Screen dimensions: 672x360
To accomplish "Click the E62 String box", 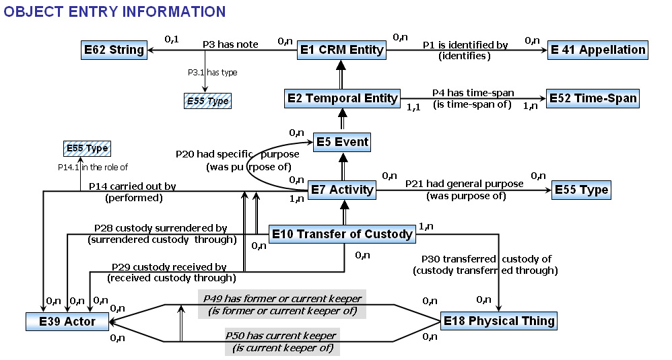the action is [114, 50].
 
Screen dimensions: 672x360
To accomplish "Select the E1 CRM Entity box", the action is [341, 50].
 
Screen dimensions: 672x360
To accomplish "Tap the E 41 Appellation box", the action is [598, 50].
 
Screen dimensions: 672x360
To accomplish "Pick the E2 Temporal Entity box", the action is [343, 98].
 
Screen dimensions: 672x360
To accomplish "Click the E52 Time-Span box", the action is [593, 98].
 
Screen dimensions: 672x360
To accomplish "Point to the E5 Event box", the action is [342, 142].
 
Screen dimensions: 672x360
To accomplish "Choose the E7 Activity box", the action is [342, 190].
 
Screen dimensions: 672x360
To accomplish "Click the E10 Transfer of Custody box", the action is [342, 234].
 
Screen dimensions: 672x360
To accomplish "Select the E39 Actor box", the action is [67, 322].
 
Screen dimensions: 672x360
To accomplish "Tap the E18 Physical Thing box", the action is [499, 321].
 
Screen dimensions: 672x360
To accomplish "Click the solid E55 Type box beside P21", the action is [581, 190].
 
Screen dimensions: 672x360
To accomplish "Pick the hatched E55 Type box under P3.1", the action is [208, 101].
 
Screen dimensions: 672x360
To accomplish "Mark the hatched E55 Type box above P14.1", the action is [87, 149].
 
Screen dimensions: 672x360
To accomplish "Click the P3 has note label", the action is [230, 44].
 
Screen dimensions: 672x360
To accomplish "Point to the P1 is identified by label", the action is [465, 45].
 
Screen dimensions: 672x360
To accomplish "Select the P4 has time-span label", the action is [473, 93].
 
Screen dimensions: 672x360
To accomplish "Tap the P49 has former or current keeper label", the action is [282, 299].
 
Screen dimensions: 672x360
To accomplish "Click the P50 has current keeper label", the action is [281, 336].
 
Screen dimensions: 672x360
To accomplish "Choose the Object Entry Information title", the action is [114, 11].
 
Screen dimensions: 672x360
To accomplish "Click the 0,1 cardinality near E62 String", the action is [172, 40].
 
